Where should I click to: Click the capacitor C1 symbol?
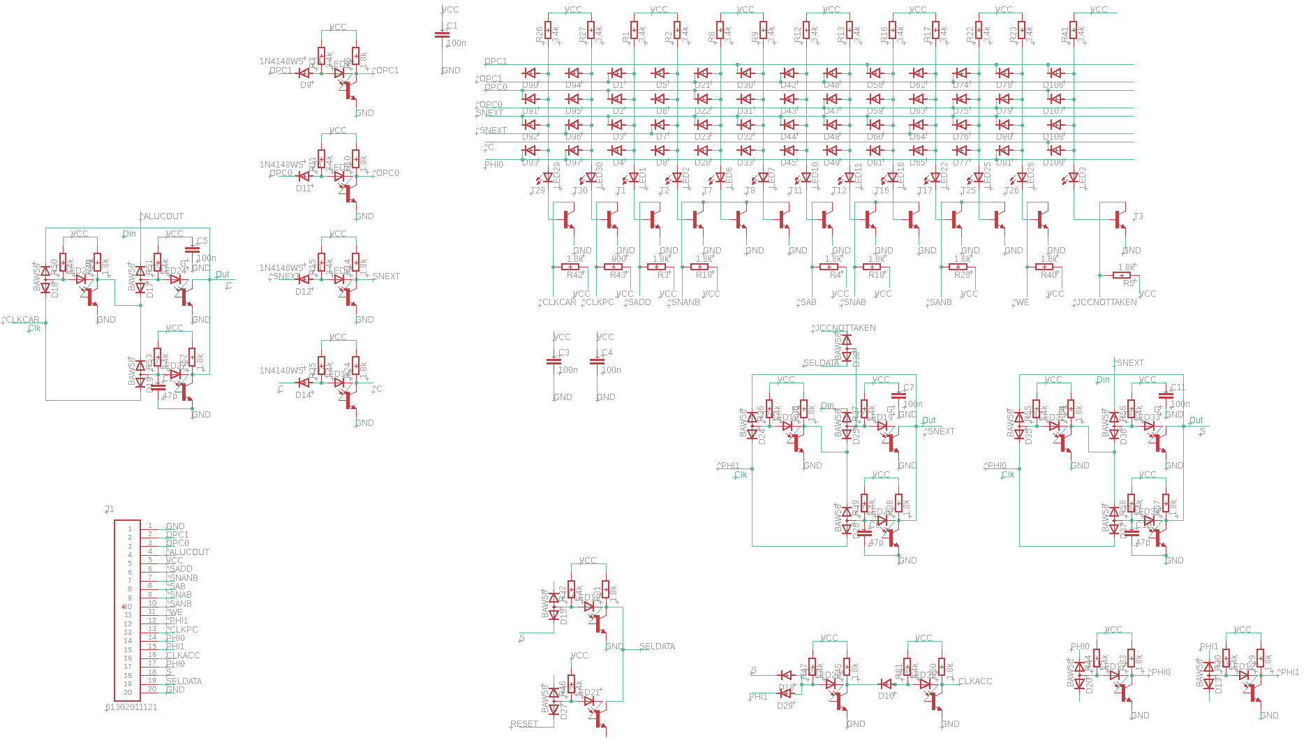[442, 34]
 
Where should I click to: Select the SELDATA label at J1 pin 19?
[184, 681]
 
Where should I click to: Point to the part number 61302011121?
[131, 707]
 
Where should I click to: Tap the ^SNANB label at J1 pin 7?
[182, 578]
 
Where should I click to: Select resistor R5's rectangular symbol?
[1122, 275]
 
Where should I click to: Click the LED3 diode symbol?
[1074, 177]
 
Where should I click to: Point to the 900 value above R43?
[618, 259]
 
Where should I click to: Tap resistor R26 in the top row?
[548, 30]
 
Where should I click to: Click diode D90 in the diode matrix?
[531, 73]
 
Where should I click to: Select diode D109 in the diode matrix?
[1055, 150]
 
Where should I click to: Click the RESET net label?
[524, 724]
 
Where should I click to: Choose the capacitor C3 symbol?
[554, 362]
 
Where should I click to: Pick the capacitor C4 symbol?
[597, 362]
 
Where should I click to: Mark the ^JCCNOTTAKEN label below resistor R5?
[1106, 302]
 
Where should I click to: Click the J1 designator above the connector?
[110, 509]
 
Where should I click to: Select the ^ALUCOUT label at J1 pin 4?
[188, 552]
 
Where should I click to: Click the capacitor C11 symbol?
[1166, 396]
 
